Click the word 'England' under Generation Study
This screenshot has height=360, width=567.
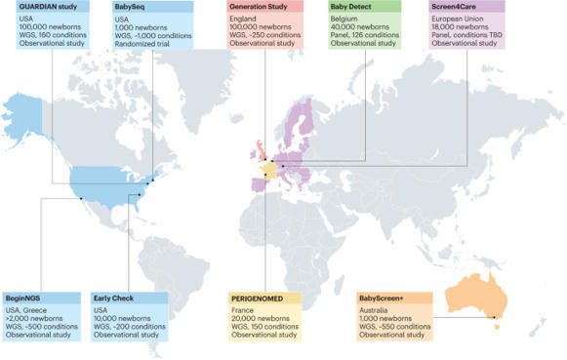247,20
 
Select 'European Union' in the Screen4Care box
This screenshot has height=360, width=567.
460,20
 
